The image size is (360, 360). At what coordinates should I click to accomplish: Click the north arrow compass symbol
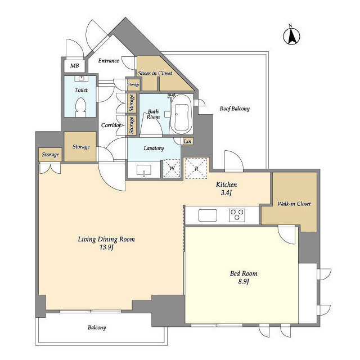pyautogui.click(x=291, y=36)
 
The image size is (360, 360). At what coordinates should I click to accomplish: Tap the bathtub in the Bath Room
pyautogui.click(x=181, y=114)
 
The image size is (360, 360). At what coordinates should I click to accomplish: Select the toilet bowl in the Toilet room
pyautogui.click(x=80, y=107)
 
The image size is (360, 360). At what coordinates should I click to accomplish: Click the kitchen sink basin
pyautogui.click(x=208, y=215)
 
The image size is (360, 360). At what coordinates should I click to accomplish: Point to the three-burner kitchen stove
pyautogui.click(x=237, y=215)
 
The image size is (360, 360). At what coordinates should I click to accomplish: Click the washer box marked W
pyautogui.click(x=172, y=168)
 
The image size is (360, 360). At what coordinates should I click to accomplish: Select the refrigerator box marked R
pyautogui.click(x=196, y=168)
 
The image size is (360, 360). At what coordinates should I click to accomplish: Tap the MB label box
pyautogui.click(x=74, y=66)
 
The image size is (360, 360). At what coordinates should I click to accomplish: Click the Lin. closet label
pyautogui.click(x=188, y=141)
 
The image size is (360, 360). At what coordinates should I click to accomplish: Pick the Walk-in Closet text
pyautogui.click(x=294, y=204)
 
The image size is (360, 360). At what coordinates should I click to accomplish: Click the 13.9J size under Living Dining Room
pyautogui.click(x=106, y=247)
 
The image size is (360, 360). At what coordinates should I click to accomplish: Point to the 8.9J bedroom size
pyautogui.click(x=244, y=281)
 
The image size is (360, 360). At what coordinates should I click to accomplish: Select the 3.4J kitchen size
pyautogui.click(x=226, y=192)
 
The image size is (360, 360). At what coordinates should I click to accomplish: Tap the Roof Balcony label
pyautogui.click(x=235, y=109)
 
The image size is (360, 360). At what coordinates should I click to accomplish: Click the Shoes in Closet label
pyautogui.click(x=155, y=73)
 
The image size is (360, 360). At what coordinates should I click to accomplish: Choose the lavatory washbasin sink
pyautogui.click(x=144, y=170)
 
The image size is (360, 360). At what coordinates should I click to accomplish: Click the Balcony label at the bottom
pyautogui.click(x=97, y=327)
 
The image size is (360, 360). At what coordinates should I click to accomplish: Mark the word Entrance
pyautogui.click(x=109, y=61)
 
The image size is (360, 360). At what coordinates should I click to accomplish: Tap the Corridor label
pyautogui.click(x=111, y=125)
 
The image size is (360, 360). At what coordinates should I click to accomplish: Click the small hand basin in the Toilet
pyautogui.click(x=81, y=79)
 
